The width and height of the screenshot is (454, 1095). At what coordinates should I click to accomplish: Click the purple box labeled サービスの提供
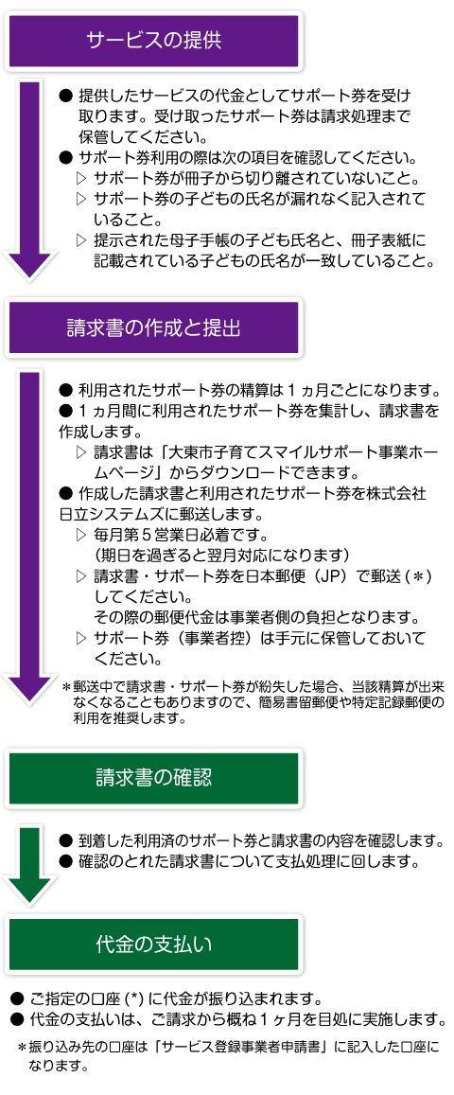153,40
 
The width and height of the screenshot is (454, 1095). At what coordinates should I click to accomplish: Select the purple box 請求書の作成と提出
153,327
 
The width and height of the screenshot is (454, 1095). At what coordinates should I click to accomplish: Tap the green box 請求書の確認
153,777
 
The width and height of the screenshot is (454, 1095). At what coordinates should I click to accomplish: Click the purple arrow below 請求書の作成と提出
28,537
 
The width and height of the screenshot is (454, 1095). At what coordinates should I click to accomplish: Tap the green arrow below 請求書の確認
28,866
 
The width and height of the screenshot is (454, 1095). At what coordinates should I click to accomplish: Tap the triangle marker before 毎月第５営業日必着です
81,536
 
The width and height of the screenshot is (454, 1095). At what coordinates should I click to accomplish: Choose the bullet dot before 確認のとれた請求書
66,861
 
